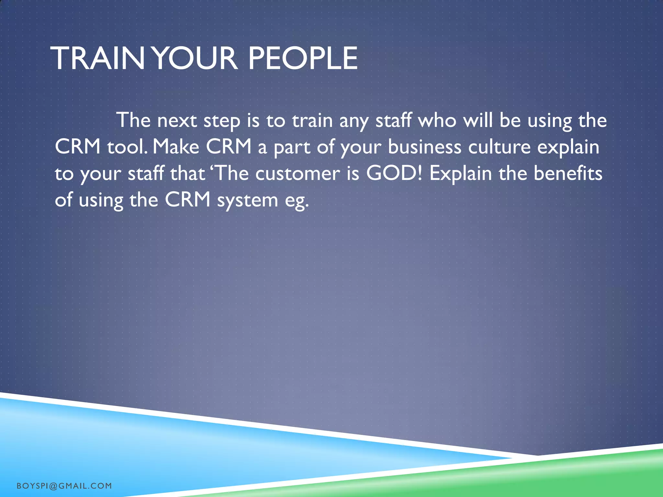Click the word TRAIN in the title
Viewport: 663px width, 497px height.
pos(97,59)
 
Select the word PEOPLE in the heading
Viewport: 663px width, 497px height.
pos(303,59)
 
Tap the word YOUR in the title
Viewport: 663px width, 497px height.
pos(195,59)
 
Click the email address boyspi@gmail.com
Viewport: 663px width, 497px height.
pos(64,486)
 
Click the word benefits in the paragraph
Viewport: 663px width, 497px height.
pos(568,173)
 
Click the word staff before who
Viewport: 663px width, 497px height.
pos(393,120)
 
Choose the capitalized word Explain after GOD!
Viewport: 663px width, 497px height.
pos(461,174)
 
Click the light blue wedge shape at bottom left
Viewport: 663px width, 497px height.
pos(129,447)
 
